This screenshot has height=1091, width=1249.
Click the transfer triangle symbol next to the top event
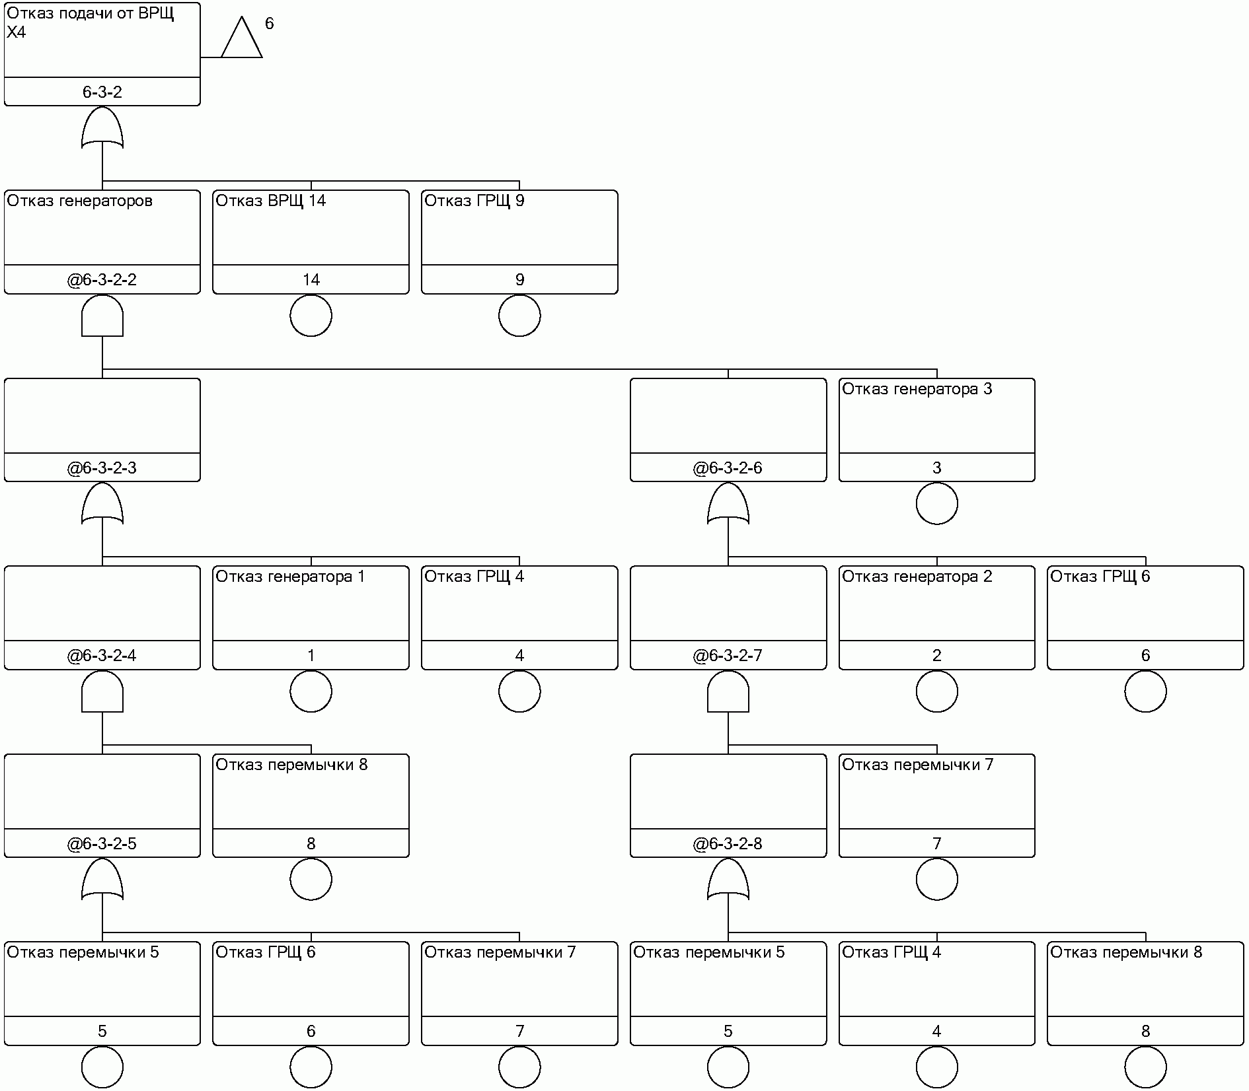click(241, 40)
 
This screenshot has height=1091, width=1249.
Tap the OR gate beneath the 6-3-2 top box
click(102, 128)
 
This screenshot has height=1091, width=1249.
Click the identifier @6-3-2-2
click(102, 280)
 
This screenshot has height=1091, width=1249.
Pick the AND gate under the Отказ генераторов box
click(102, 316)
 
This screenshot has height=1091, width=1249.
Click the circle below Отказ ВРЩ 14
click(311, 316)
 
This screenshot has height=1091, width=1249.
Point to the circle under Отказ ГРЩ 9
click(519, 316)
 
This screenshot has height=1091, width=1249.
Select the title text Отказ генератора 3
click(917, 389)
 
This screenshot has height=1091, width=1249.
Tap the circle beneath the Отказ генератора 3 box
click(936, 504)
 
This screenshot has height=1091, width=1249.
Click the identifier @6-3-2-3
click(102, 468)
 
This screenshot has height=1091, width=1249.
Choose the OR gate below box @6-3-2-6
click(728, 504)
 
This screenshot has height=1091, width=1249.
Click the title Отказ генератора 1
click(290, 577)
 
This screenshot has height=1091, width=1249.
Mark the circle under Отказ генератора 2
click(936, 691)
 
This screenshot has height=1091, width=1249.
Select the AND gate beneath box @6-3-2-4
click(102, 692)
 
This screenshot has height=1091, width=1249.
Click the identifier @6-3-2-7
click(728, 656)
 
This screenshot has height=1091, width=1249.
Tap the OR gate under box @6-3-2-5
click(102, 880)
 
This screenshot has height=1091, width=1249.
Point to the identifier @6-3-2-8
click(728, 844)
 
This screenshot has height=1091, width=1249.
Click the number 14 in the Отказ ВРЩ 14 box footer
click(311, 280)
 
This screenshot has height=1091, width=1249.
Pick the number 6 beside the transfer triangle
click(269, 24)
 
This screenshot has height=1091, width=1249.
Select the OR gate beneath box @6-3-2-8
click(728, 880)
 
